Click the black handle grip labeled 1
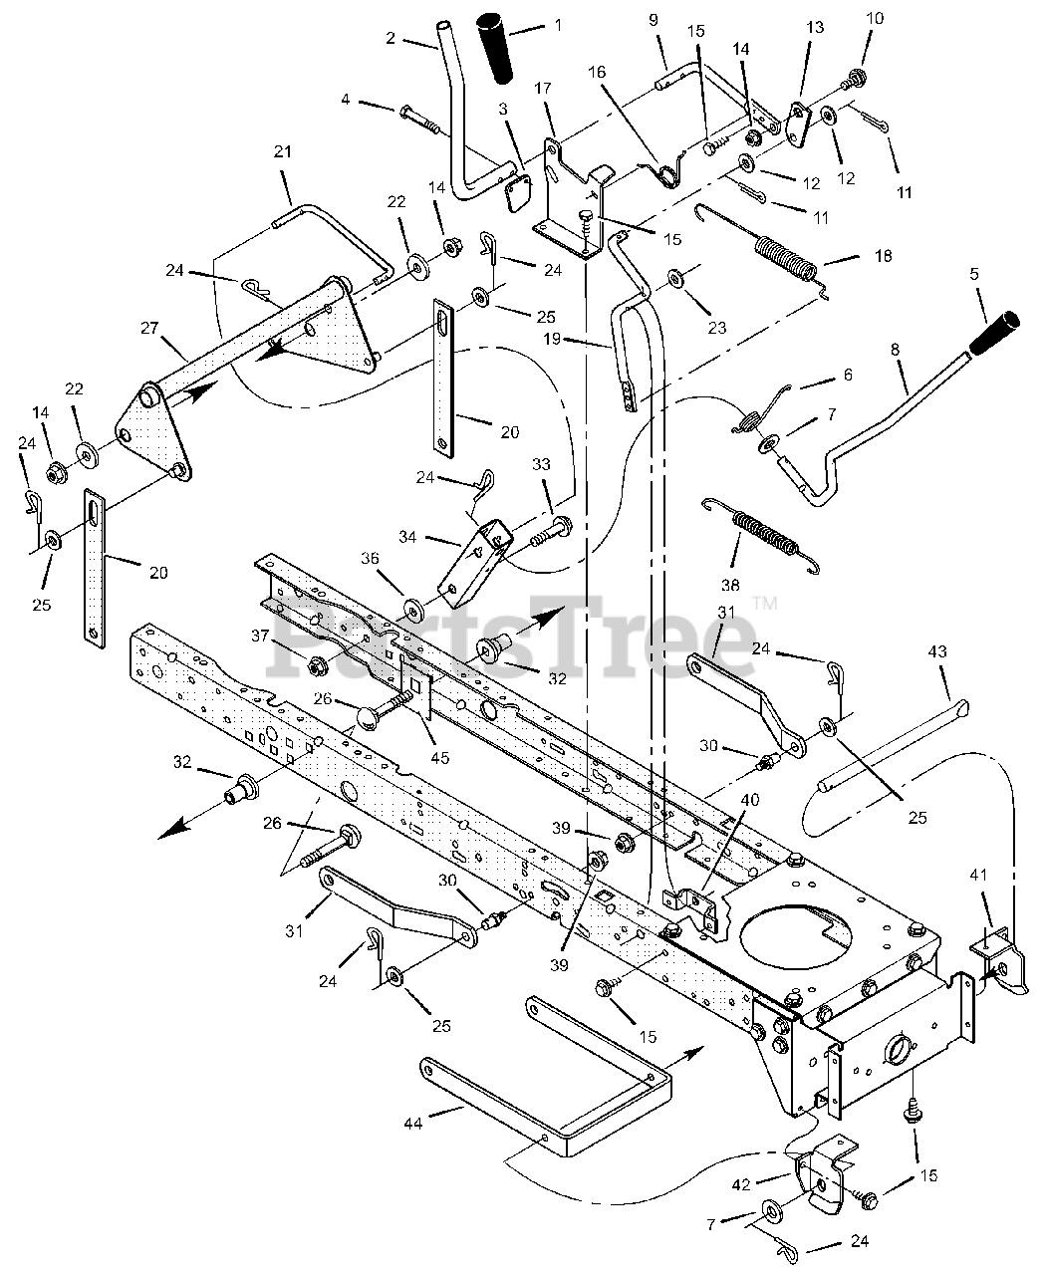click(494, 49)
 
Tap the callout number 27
click(149, 328)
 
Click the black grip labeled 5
click(993, 333)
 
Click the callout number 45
click(439, 757)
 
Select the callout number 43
click(937, 651)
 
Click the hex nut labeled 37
click(315, 666)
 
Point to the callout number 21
click(282, 151)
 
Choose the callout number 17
click(543, 89)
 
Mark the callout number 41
click(978, 875)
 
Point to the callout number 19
click(552, 339)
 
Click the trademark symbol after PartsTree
click(764, 604)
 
